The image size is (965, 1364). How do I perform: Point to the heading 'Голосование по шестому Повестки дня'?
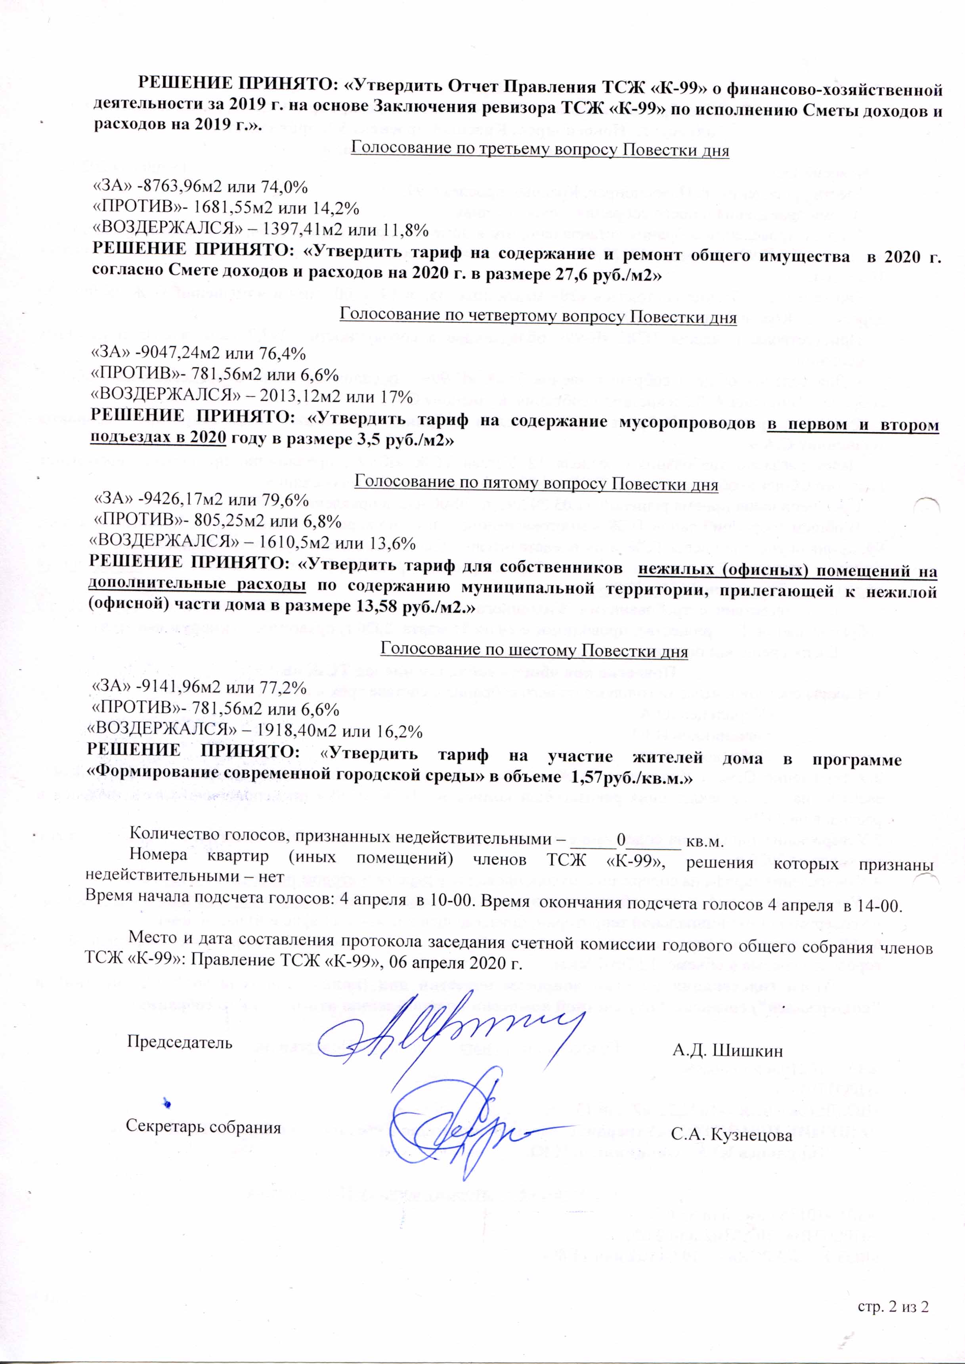coord(533,651)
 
